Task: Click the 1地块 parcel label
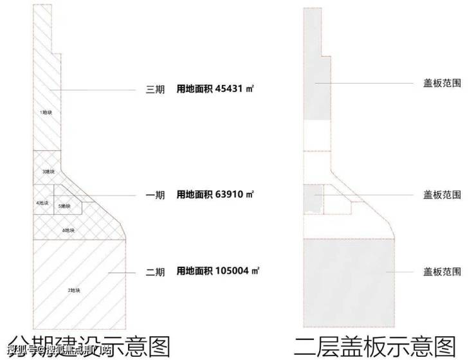click(46, 113)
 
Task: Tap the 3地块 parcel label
click(48, 172)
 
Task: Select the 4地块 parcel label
click(42, 203)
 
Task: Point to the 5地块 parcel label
click(64, 206)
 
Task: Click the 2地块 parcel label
click(74, 291)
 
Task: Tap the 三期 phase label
click(156, 90)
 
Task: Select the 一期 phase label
click(156, 195)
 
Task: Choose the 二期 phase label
click(156, 273)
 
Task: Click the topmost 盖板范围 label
click(442, 84)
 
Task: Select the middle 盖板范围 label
click(442, 194)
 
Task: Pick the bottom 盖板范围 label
click(442, 272)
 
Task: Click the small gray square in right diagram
click(313, 199)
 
